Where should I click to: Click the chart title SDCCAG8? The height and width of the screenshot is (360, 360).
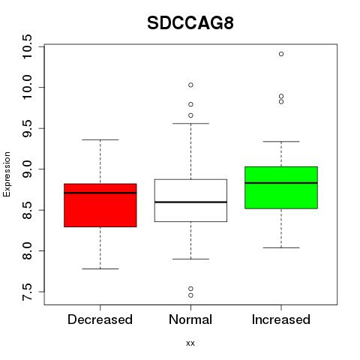190,23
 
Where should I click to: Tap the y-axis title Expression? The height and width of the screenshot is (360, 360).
7,174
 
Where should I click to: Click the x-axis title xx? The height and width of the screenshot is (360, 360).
190,343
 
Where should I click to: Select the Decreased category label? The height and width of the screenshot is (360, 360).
100,319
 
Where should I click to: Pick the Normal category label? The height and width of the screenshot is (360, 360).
190,319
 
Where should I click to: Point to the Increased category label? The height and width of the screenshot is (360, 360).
281,319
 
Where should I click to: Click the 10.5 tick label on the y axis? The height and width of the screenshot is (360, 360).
27,46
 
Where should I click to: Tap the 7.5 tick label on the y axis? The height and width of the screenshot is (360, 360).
27,292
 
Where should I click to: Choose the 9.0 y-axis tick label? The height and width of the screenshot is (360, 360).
27,169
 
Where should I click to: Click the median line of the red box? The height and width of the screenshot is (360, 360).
100,193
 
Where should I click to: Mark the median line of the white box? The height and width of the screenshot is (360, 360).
190,202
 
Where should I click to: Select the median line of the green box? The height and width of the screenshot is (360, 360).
281,183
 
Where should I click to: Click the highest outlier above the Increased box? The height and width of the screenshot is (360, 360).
281,54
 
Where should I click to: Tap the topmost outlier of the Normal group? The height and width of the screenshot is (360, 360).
190,85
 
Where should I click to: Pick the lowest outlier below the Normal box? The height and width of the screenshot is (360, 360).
190,295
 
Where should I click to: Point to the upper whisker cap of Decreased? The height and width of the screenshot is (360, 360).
100,139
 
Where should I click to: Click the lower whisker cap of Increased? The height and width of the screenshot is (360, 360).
281,247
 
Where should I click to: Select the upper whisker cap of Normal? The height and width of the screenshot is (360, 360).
190,123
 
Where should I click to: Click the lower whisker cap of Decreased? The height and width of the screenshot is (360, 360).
100,268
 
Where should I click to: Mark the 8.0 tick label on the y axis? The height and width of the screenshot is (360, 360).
27,251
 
